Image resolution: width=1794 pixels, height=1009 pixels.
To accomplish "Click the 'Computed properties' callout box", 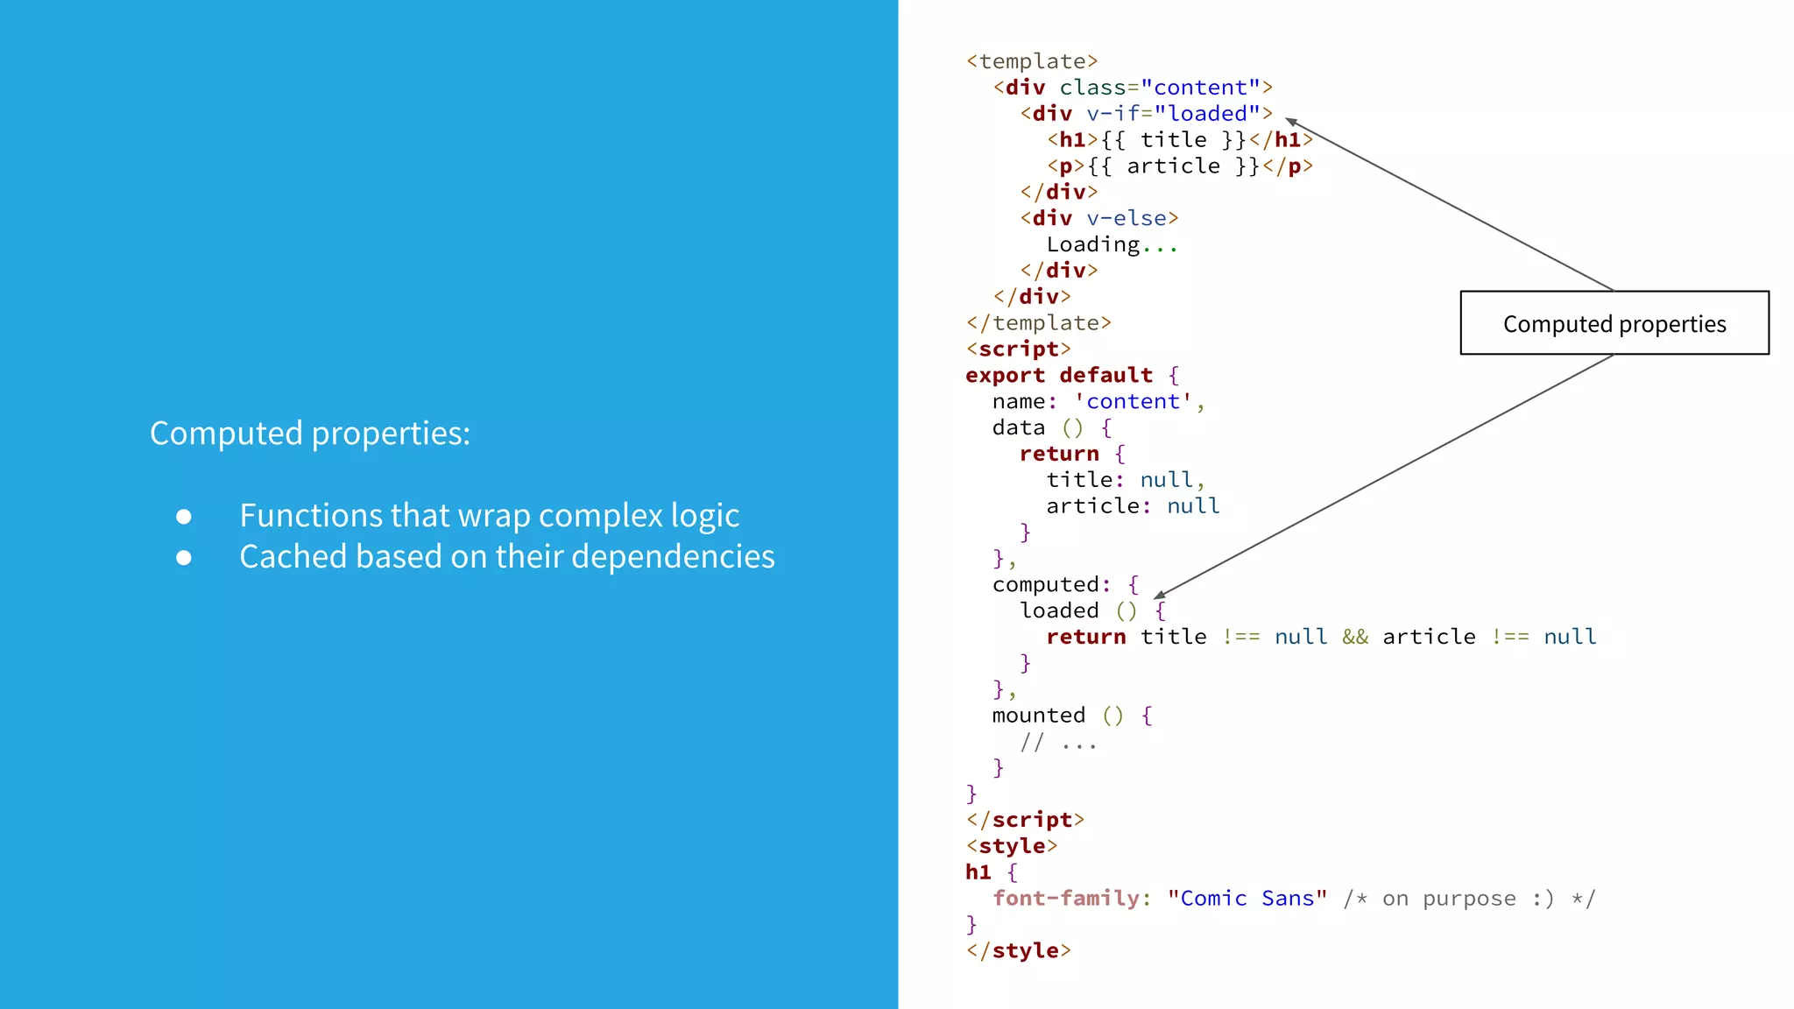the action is coord(1614,323).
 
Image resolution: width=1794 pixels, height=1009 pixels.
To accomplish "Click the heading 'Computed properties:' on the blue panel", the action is coord(310,434).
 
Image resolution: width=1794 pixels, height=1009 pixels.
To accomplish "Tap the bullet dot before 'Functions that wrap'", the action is coord(184,517).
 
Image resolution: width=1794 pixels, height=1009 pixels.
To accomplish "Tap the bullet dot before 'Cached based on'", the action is coord(184,557).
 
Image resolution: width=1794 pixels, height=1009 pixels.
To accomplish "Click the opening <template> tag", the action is coord(1032,61).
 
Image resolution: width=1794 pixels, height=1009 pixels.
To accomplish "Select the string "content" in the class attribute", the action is coord(1199,88).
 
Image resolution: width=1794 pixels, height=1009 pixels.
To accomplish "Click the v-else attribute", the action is coord(1127,218).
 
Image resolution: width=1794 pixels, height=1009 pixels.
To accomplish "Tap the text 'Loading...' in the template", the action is coord(1112,244).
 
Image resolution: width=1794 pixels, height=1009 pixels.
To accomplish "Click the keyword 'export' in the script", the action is coord(1005,375).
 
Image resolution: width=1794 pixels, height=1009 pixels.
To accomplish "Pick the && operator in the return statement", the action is coord(1355,637).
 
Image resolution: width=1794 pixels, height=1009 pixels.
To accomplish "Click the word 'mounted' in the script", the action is coord(1038,716).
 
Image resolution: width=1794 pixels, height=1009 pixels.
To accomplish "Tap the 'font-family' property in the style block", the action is coord(1066,899).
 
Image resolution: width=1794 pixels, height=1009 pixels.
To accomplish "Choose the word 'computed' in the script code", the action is coord(1045,584).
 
